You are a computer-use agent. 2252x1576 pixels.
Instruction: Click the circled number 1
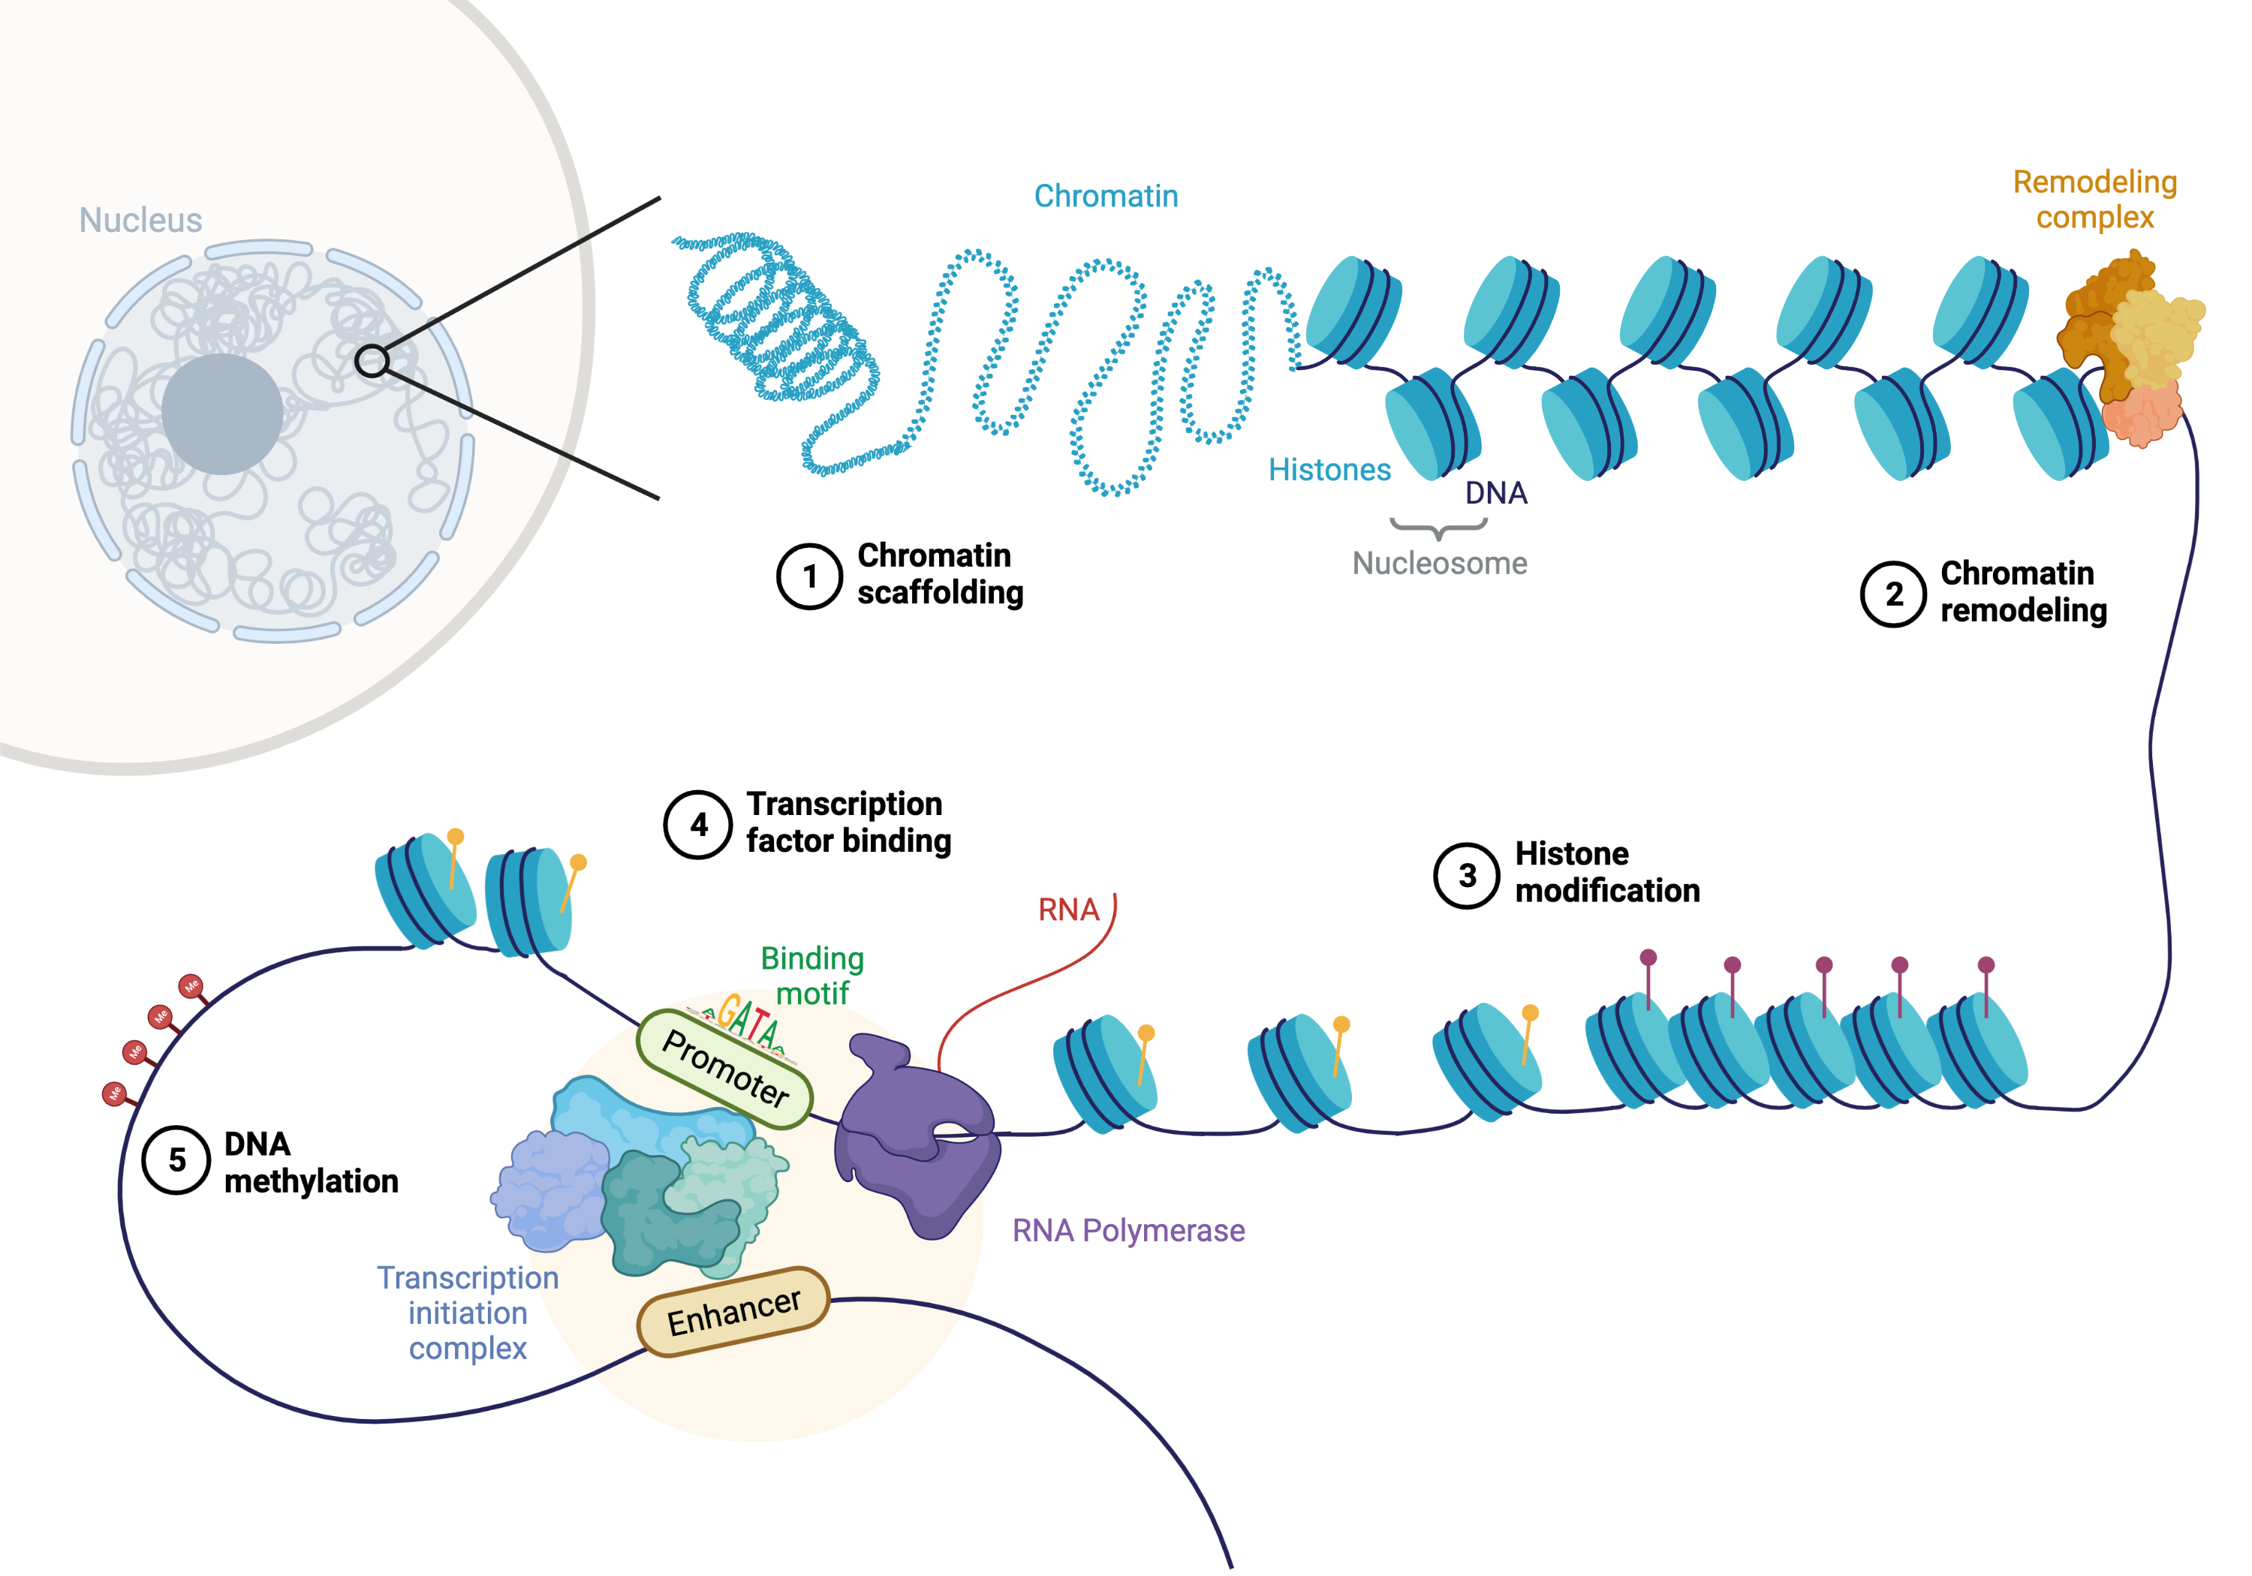pyautogui.click(x=809, y=576)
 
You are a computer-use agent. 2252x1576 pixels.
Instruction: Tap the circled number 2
pyautogui.click(x=1893, y=594)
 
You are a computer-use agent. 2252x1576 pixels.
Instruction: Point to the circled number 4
pyautogui.click(x=698, y=825)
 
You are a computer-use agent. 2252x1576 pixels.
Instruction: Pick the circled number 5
pyautogui.click(x=176, y=1160)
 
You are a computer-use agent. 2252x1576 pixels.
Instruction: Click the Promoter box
pyautogui.click(x=725, y=1069)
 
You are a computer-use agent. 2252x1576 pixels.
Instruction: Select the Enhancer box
pyautogui.click(x=733, y=1312)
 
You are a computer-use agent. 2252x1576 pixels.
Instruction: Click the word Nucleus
pyautogui.click(x=140, y=221)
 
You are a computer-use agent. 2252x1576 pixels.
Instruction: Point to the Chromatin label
pyautogui.click(x=1106, y=196)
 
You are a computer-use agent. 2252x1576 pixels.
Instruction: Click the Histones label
pyautogui.click(x=1329, y=470)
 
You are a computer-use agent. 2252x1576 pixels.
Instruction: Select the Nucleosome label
pyautogui.click(x=1439, y=564)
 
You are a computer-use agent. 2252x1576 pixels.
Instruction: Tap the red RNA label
pyautogui.click(x=1068, y=910)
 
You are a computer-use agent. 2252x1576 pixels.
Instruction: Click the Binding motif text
pyautogui.click(x=812, y=976)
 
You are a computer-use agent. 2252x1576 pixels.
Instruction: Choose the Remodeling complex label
pyautogui.click(x=2094, y=199)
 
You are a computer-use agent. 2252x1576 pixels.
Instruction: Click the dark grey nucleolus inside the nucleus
pyautogui.click(x=223, y=414)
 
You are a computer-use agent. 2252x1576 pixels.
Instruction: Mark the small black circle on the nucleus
pyautogui.click(x=372, y=361)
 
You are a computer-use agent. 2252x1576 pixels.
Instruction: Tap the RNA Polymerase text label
pyautogui.click(x=1128, y=1231)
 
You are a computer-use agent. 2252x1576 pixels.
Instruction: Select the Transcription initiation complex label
pyautogui.click(x=468, y=1313)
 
